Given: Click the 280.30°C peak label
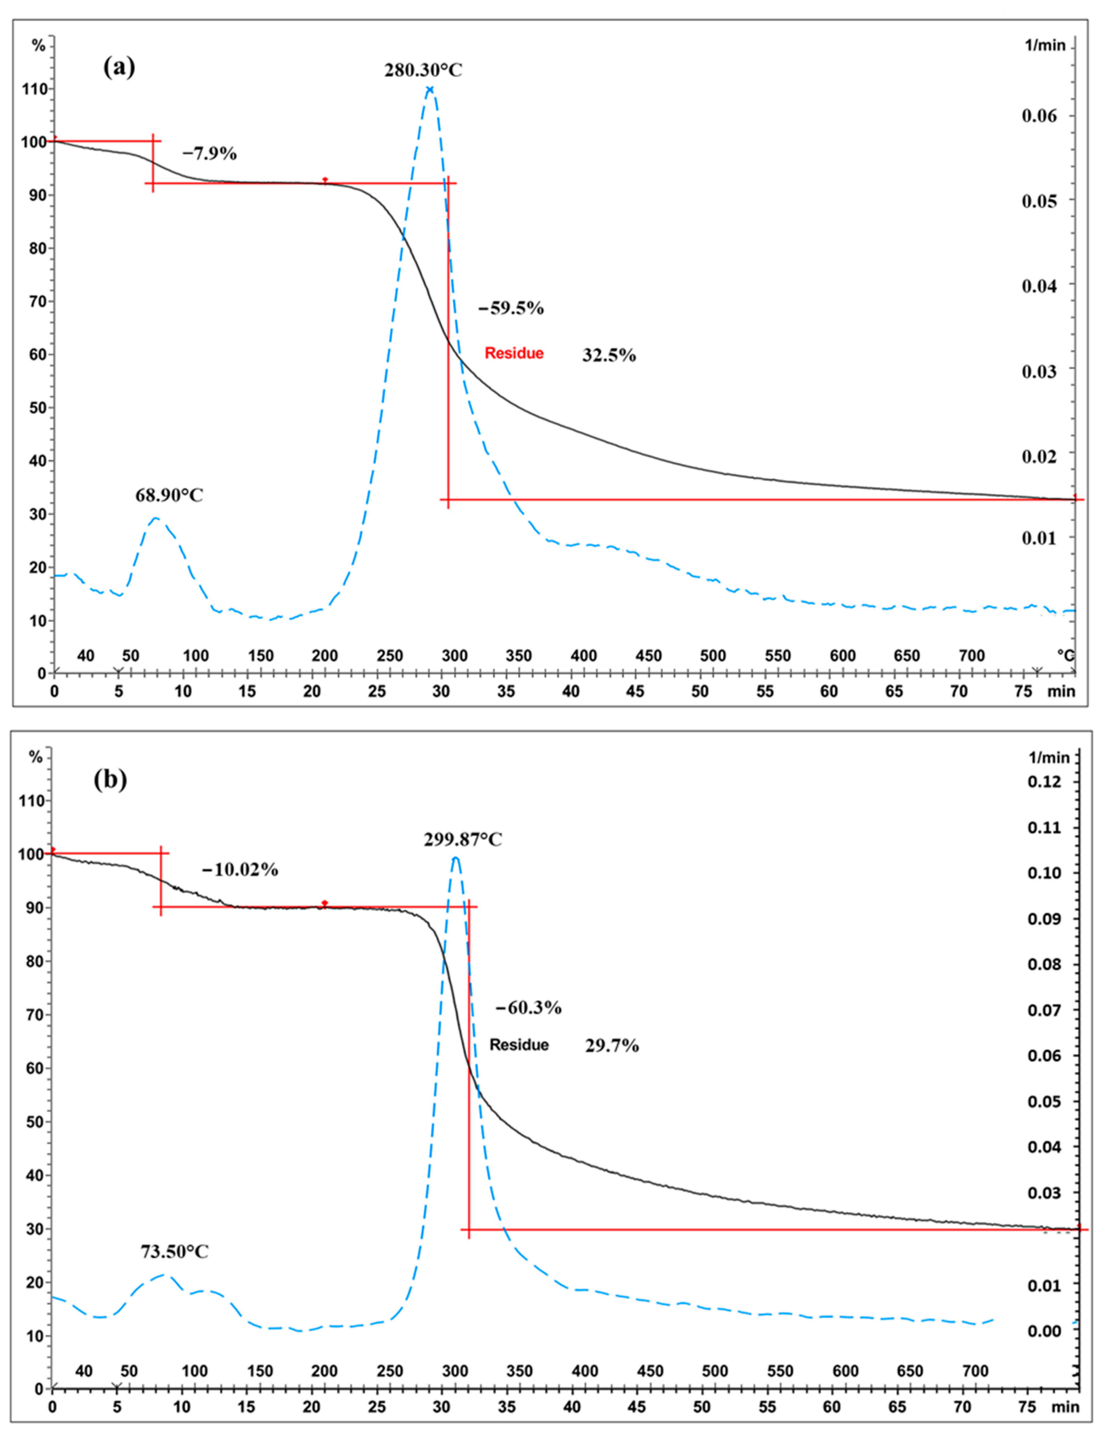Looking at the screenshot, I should [423, 70].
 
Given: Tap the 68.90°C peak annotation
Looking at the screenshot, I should [169, 495].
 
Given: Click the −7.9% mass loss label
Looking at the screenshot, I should [209, 154].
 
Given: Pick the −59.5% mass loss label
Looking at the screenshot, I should [511, 308].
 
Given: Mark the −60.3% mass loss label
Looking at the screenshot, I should [528, 1007].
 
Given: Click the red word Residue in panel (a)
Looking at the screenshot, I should [514, 354].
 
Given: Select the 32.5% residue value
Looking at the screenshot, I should [609, 356].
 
